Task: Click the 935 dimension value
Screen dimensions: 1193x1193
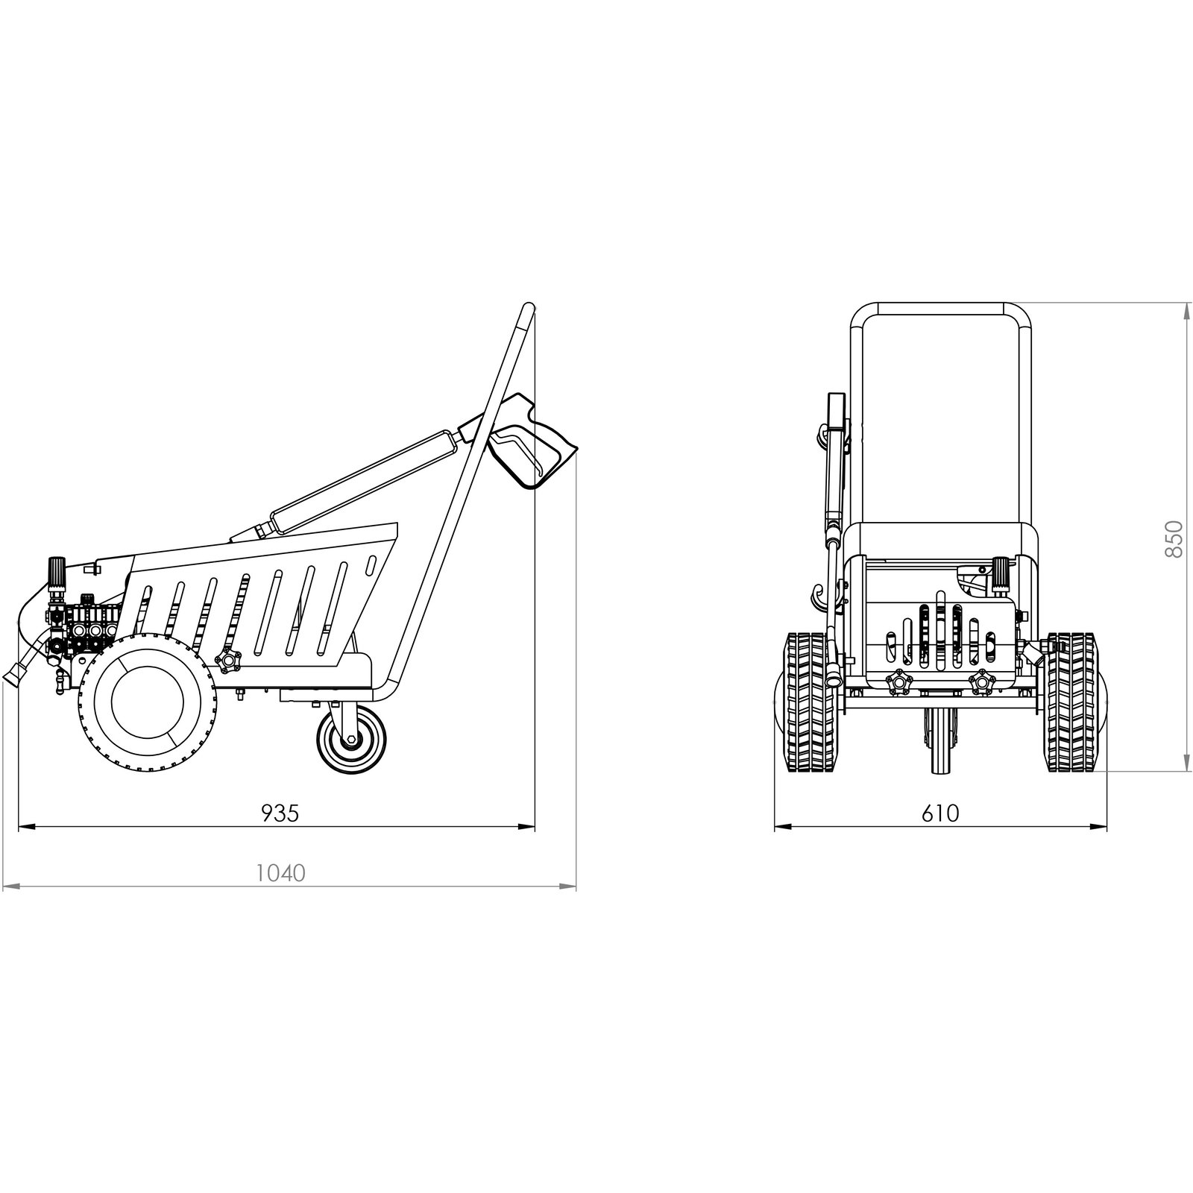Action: click(x=280, y=813)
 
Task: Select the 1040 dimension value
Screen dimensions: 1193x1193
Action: click(x=280, y=872)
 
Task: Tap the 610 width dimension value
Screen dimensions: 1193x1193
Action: click(x=940, y=813)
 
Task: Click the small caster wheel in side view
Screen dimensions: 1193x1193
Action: click(x=351, y=740)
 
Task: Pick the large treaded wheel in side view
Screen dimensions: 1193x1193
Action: click(x=148, y=702)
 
